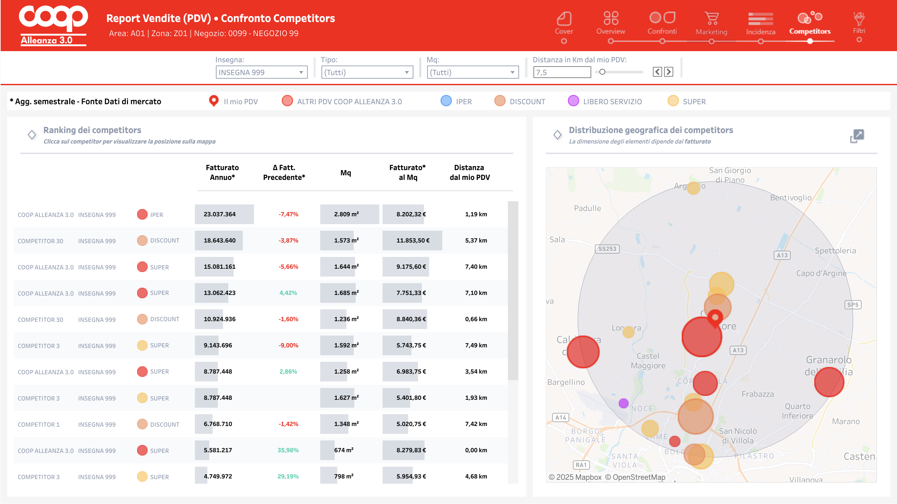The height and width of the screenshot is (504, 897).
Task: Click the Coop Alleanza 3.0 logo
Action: tap(53, 25)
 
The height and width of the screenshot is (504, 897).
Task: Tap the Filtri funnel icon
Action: tap(859, 19)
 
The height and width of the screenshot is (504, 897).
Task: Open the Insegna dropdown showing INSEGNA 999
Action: tap(261, 72)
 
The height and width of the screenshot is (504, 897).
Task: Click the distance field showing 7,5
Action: tap(561, 72)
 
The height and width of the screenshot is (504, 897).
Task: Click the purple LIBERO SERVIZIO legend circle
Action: tap(573, 101)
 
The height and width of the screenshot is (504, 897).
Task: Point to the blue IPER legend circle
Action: tap(446, 101)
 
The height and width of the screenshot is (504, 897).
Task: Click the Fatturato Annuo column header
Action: tap(222, 172)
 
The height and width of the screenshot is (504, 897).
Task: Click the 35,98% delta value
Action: tap(288, 450)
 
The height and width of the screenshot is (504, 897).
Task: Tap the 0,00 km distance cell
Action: tap(476, 450)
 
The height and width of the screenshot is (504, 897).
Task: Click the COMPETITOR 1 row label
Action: tap(39, 425)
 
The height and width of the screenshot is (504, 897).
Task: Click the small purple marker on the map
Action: tap(623, 403)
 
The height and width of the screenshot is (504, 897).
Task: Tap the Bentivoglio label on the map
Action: tap(790, 198)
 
